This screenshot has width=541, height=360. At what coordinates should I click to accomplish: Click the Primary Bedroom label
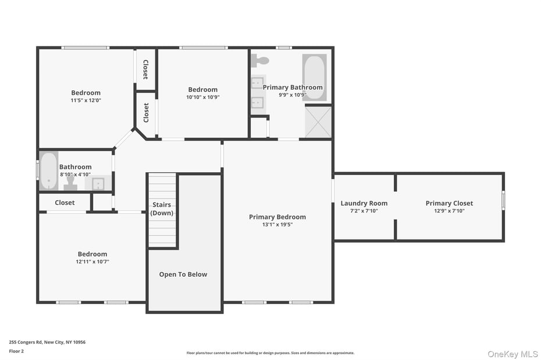pyautogui.click(x=277, y=217)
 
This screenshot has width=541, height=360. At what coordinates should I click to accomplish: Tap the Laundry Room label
pyautogui.click(x=364, y=203)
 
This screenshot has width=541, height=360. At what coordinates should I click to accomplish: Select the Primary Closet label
pyautogui.click(x=449, y=203)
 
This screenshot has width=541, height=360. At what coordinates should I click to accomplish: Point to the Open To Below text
pyautogui.click(x=183, y=275)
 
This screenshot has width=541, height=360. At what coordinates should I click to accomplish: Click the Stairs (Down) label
pyautogui.click(x=162, y=209)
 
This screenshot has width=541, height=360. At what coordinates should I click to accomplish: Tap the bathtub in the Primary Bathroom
pyautogui.click(x=314, y=77)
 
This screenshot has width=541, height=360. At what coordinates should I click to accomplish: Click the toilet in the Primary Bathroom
pyautogui.click(x=261, y=60)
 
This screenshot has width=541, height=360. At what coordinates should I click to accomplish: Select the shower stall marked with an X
pyautogui.click(x=318, y=122)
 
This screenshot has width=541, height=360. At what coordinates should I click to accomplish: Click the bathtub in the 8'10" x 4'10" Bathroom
pyautogui.click(x=49, y=170)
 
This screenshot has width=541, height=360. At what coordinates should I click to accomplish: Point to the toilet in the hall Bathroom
pyautogui.click(x=70, y=183)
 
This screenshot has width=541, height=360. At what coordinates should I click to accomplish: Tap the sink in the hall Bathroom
pyautogui.click(x=98, y=184)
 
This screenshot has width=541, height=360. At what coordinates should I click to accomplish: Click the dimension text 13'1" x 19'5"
pyautogui.click(x=277, y=224)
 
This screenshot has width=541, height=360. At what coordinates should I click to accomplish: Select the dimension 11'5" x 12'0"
pyautogui.click(x=86, y=100)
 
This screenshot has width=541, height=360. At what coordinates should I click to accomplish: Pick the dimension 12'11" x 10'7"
pyautogui.click(x=92, y=262)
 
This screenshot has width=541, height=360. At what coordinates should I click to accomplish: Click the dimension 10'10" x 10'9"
pyautogui.click(x=202, y=97)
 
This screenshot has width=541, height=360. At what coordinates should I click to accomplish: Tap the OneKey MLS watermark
pyautogui.click(x=512, y=354)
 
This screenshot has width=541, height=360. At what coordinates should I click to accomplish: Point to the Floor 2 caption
pyautogui.click(x=17, y=351)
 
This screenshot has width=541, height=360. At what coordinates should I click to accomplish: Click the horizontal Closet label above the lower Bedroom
pyautogui.click(x=65, y=202)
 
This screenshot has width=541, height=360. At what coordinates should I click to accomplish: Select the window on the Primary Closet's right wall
pyautogui.click(x=503, y=199)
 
